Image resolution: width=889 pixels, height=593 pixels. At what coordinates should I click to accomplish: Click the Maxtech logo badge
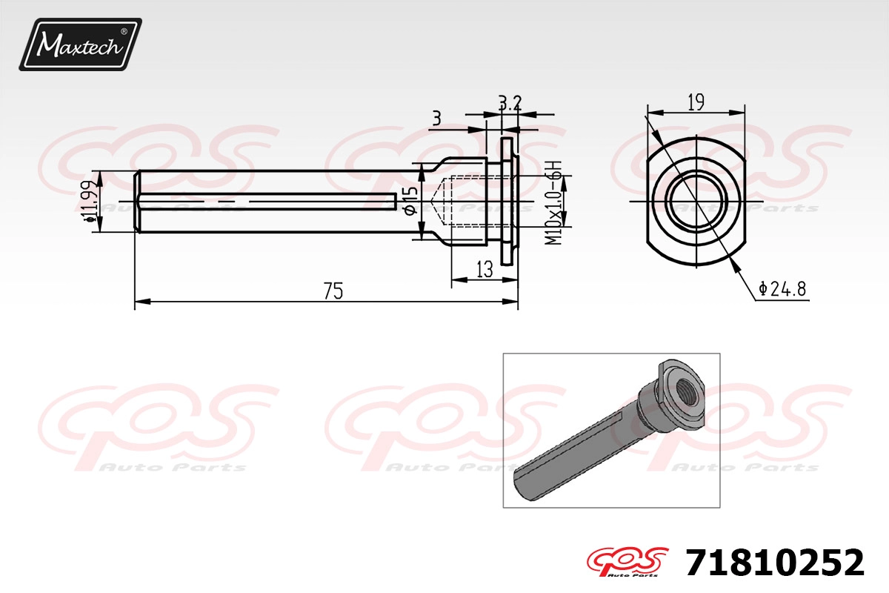[80, 44]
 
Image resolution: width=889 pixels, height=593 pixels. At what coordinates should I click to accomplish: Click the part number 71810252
[774, 563]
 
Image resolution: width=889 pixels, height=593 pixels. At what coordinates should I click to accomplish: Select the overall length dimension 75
[333, 291]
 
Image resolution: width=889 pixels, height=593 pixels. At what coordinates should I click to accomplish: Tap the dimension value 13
[485, 270]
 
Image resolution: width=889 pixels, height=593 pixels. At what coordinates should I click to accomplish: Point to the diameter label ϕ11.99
[88, 201]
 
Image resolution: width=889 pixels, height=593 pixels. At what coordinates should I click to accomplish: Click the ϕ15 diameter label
[410, 201]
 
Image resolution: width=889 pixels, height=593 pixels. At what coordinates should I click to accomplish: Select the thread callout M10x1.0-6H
[553, 202]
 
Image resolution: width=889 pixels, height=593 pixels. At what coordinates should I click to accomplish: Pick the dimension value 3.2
[510, 104]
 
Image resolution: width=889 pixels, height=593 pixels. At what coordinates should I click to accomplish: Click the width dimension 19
[696, 102]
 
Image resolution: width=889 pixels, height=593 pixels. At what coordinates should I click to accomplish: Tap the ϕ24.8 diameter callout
[782, 289]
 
